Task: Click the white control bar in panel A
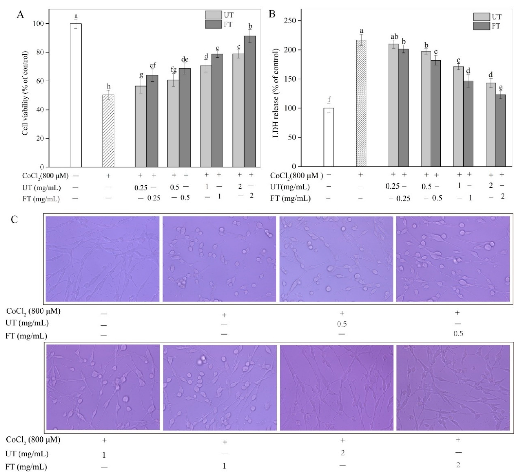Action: [x=76, y=96]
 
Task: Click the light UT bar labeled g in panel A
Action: [x=141, y=127]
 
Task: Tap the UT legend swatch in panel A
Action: [x=213, y=15]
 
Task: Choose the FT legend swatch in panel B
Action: [x=481, y=26]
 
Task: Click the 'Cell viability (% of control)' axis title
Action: [x=25, y=93]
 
